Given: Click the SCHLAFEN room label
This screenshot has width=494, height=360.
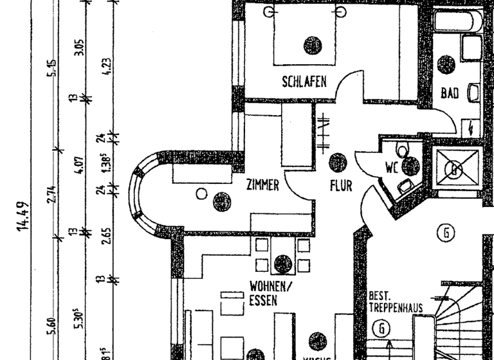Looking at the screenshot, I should pyautogui.click(x=304, y=82).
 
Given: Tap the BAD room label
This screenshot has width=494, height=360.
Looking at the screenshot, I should pyautogui.click(x=450, y=93).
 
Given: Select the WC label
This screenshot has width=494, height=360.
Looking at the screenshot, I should pyautogui.click(x=392, y=167).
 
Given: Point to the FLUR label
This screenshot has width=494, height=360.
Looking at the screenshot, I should pyautogui.click(x=341, y=186).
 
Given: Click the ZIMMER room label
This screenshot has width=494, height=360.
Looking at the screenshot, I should pyautogui.click(x=263, y=186).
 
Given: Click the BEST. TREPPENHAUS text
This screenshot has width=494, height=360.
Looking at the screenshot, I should pyautogui.click(x=395, y=302).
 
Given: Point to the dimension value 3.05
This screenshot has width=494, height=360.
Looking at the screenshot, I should pyautogui.click(x=79, y=48).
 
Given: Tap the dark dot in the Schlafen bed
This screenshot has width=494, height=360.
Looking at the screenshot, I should pyautogui.click(x=312, y=45).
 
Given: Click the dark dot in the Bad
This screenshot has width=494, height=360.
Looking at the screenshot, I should pyautogui.click(x=446, y=64).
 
